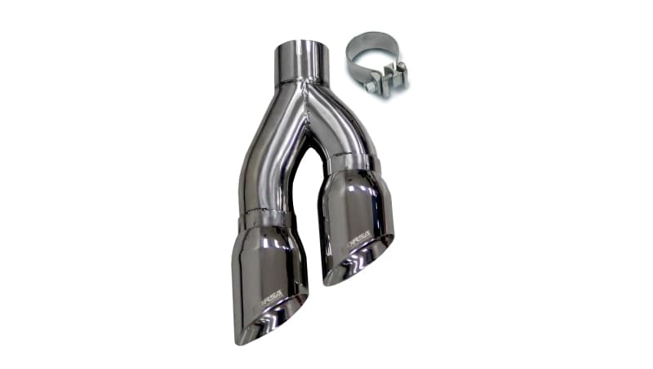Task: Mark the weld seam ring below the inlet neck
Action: pos(301,82)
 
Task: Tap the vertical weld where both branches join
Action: pos(308,106)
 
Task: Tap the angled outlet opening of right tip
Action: pos(359,260)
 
